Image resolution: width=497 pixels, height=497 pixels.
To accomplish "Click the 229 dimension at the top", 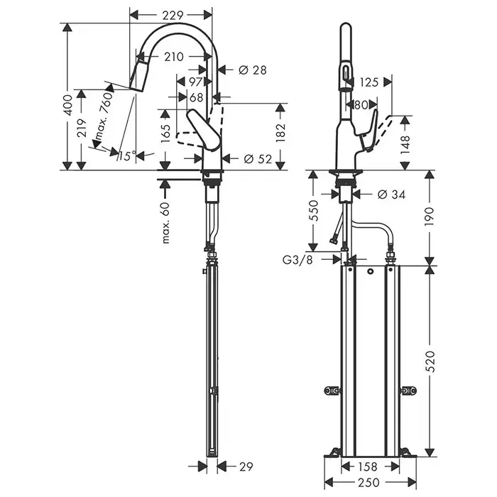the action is [x=173, y=15].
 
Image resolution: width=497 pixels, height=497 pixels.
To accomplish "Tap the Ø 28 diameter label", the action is [x=252, y=70].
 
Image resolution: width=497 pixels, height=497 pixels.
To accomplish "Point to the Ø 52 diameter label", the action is [x=258, y=158].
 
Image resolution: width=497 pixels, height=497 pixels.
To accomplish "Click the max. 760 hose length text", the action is [x=104, y=116].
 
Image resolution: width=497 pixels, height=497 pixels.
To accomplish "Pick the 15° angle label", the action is [x=127, y=155].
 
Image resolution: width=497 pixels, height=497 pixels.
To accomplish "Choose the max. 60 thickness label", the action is [x=166, y=223].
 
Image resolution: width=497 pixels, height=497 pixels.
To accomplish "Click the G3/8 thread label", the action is [x=297, y=260].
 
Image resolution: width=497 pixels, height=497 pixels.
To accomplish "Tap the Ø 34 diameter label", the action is [x=391, y=195].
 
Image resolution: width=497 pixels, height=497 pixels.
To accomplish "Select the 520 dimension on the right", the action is [x=430, y=361].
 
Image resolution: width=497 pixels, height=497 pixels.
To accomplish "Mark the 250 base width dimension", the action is [x=369, y=483].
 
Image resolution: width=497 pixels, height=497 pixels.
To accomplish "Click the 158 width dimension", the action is [x=368, y=466].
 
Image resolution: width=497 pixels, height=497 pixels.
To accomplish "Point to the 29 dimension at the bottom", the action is [x=246, y=466].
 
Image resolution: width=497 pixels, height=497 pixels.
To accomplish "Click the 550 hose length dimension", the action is [x=314, y=210].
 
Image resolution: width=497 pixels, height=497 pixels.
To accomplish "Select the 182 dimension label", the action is [x=281, y=133].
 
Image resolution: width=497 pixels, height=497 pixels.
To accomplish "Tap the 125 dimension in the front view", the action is [x=369, y=83].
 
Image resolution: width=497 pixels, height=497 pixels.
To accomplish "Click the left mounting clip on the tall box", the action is [x=332, y=390].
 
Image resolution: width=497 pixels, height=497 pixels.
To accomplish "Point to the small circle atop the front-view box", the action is [x=370, y=271].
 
